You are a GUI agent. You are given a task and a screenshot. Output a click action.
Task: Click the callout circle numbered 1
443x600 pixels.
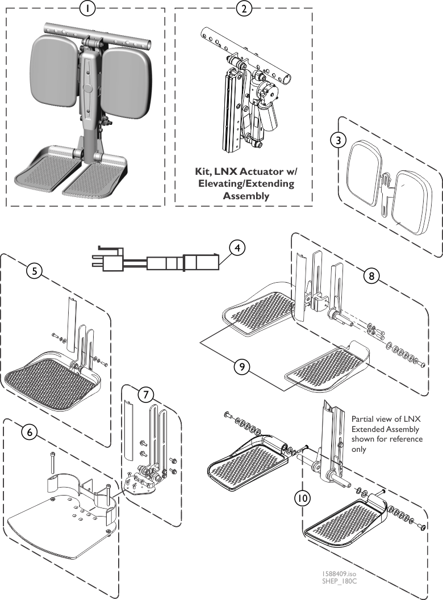pos(87,9)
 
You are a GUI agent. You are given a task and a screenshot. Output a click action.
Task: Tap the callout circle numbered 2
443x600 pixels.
pos(243,9)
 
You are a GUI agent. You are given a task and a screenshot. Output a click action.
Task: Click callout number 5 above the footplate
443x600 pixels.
pos(35,271)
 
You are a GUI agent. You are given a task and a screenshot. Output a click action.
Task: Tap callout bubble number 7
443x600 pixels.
pos(146,393)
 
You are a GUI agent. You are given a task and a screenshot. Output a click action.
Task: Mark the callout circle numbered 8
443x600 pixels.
pos(371,276)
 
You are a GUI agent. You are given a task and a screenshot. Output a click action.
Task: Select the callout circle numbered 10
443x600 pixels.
pos(302,498)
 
